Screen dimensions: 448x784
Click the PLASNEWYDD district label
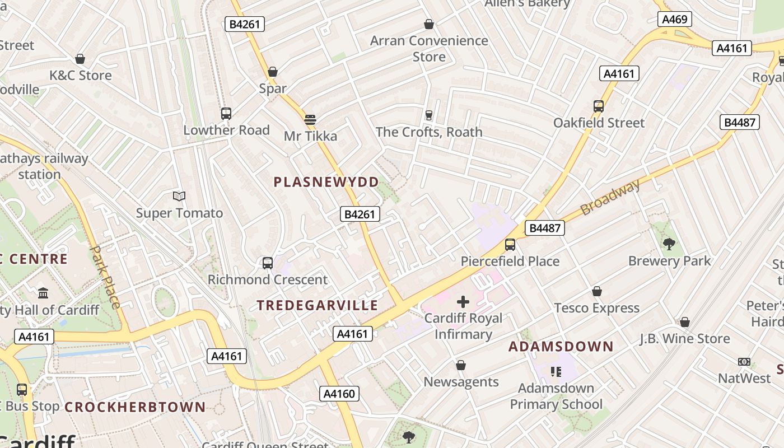pos(326,182)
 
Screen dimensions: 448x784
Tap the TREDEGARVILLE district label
pos(318,305)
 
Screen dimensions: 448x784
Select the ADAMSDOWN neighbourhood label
pos(561,347)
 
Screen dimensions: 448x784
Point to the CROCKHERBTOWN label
pos(135,407)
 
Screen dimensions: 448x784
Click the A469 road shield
pos(674,20)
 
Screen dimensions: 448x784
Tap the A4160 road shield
pos(339,394)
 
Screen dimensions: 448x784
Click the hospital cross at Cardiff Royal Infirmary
pos(463,302)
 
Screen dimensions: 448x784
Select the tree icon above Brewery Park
pos(669,244)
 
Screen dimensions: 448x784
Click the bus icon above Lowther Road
pos(226,114)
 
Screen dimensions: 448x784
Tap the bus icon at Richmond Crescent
pos(268,263)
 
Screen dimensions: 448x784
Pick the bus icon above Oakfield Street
pos(599,106)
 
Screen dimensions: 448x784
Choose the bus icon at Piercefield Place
pos(510,245)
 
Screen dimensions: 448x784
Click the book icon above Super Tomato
pos(179,196)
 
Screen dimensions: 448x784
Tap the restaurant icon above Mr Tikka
pos(310,119)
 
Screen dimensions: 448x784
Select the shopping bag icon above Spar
pos(273,72)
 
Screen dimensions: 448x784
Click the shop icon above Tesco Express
pos(597,292)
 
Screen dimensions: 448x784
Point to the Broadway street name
pos(610,198)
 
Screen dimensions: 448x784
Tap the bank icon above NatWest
pos(744,362)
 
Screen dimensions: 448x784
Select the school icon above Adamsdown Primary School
pos(556,372)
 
